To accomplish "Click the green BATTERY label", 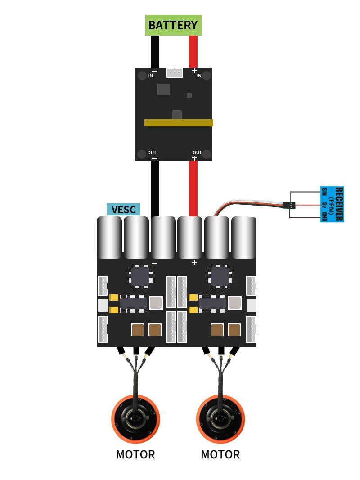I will [173, 25].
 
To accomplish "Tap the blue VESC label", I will [123, 210].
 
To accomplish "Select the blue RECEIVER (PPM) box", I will [332, 204].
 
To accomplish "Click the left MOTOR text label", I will [135, 454].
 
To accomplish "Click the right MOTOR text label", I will [220, 454].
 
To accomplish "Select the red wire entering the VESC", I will [193, 189].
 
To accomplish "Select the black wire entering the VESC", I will [155, 189].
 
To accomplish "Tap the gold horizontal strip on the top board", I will [179, 122].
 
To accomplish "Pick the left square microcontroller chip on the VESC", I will [139, 276].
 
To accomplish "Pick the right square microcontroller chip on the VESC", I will [219, 276].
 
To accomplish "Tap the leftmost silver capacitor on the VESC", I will [109, 238].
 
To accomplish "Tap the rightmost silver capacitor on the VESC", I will [243, 238].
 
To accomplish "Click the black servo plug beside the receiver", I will [289, 205].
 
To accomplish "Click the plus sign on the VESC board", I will [194, 263].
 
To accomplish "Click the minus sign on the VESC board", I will [155, 263].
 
